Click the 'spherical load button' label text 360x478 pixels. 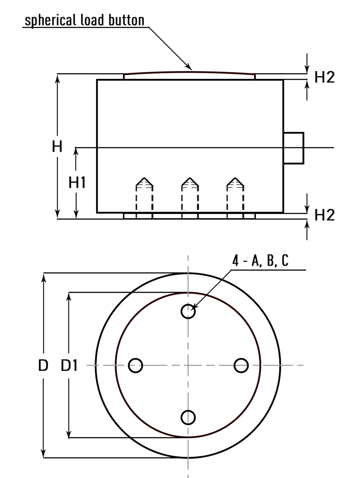tap(84, 20)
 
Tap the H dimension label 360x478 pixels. tap(57, 147)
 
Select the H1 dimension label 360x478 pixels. tap(77, 183)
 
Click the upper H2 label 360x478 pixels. tap(324, 77)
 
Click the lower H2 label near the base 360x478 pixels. tap(324, 215)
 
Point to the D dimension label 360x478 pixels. tap(43, 366)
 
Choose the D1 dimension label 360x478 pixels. tap(69, 366)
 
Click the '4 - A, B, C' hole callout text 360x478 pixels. tap(260, 261)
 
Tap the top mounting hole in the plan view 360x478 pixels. tap(188, 311)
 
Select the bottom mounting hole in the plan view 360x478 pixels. tap(188, 417)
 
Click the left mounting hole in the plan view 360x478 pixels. tap(135, 365)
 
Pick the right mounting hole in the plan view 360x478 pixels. tap(241, 365)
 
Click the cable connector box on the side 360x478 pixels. tap(293, 148)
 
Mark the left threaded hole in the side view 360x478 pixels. tap(144, 194)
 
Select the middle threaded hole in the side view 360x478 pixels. tap(190, 194)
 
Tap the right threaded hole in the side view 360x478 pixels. tap(235, 194)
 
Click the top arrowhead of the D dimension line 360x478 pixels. tap(44, 277)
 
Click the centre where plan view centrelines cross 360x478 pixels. tap(188, 365)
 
